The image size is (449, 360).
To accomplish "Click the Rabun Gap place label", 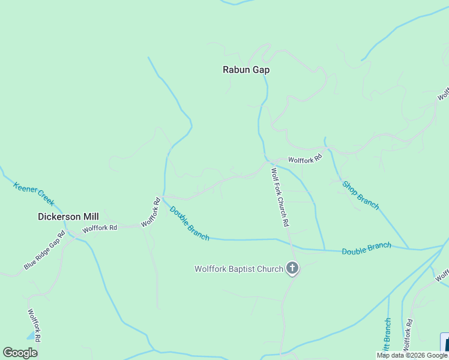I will pos(246,70).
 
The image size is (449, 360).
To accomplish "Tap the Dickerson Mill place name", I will pos(68,217).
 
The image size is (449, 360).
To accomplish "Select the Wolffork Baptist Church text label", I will pos(238,269).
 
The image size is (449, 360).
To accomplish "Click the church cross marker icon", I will pos(292,268).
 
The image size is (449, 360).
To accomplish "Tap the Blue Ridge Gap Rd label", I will pos(44,250).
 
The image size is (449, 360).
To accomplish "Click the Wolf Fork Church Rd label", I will pos(280,197).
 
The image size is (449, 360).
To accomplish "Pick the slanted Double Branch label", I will pos(189,223).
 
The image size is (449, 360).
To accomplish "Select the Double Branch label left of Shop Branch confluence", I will pos(366,248).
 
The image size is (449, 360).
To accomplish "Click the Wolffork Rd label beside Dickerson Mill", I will pos(100,228).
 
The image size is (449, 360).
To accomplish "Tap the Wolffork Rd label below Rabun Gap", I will pos(305,160).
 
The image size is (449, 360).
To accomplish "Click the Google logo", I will pos(20,353).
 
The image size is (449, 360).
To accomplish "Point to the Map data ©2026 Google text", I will pos(412,355).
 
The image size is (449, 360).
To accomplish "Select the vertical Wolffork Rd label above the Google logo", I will pos(34,325).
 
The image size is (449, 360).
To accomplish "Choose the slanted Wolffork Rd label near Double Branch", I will pos(151,212).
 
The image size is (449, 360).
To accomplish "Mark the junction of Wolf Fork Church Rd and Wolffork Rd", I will pos(269,163).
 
